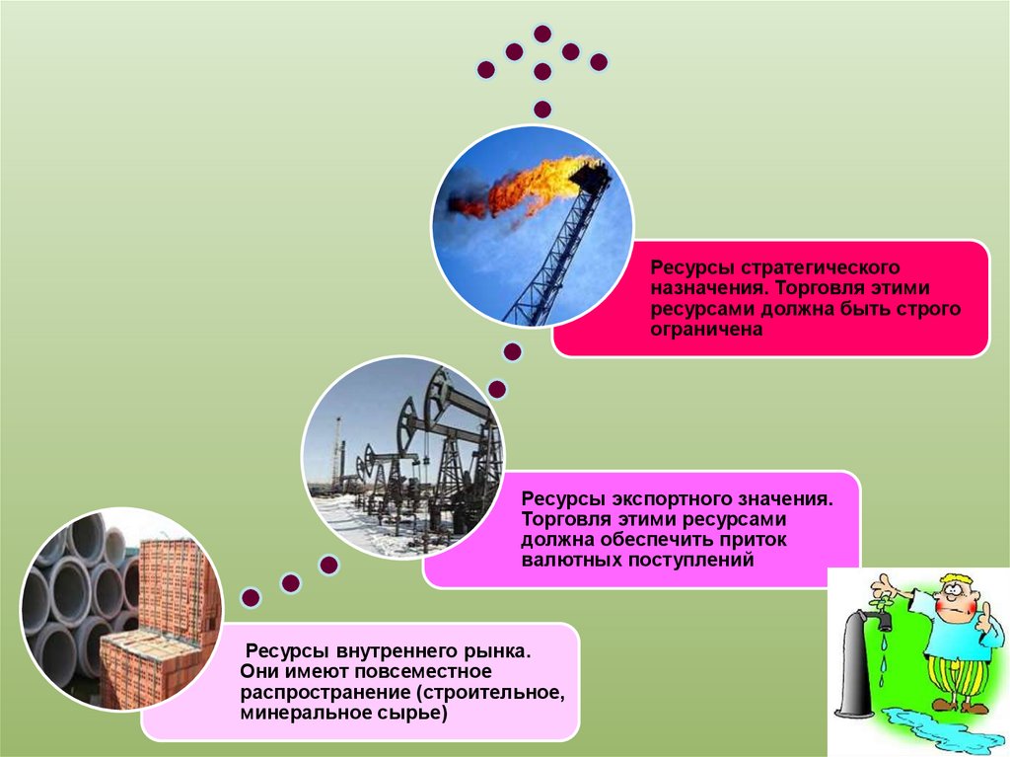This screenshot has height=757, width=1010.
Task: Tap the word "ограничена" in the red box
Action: tap(706, 331)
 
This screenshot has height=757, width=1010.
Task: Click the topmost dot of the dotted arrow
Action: tap(541, 33)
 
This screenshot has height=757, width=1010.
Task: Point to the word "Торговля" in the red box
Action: tap(810, 289)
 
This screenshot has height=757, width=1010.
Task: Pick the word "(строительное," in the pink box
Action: tap(493, 693)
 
